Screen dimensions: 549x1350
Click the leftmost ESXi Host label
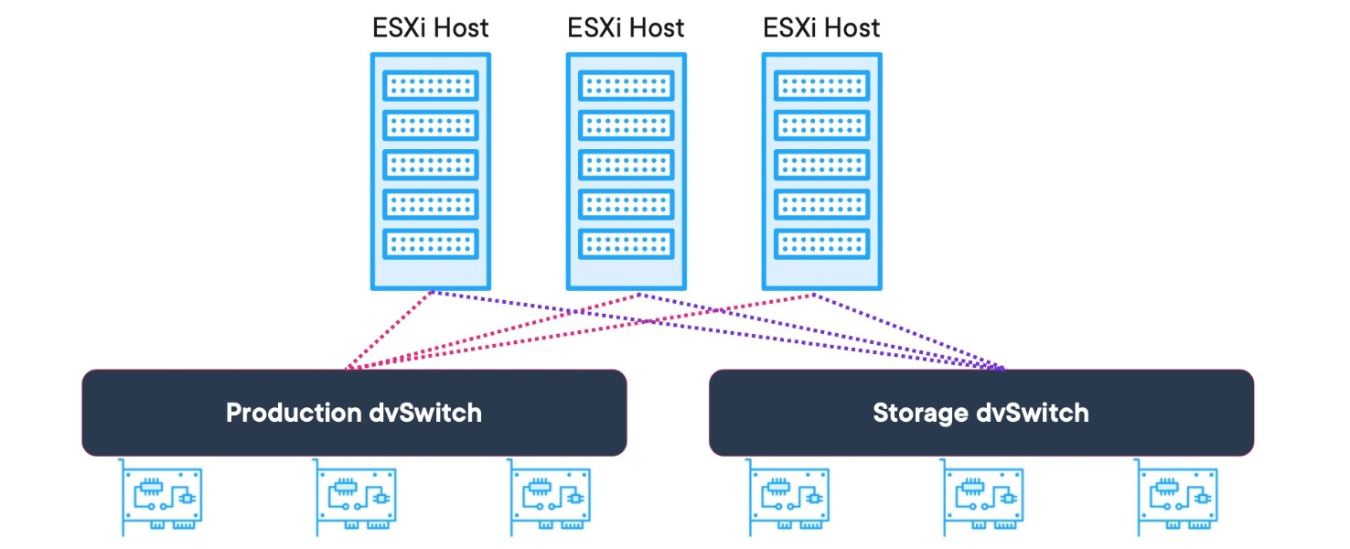(x=430, y=27)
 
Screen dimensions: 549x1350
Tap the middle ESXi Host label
(x=626, y=27)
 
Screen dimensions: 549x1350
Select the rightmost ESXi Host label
(x=821, y=27)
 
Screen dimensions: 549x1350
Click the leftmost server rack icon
(x=430, y=171)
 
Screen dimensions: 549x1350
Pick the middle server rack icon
(x=626, y=171)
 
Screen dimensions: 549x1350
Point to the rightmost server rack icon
(x=821, y=171)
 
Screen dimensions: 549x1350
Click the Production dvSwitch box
(x=354, y=413)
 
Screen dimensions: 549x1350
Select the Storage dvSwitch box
(x=980, y=413)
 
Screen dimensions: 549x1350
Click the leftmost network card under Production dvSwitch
(x=162, y=497)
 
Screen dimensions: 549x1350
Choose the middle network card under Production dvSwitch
(x=356, y=497)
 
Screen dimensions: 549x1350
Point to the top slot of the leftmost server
(x=430, y=86)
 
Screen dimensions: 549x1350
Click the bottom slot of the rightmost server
(x=821, y=243)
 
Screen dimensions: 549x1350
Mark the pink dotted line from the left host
(x=389, y=331)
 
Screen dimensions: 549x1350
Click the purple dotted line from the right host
(x=905, y=329)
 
